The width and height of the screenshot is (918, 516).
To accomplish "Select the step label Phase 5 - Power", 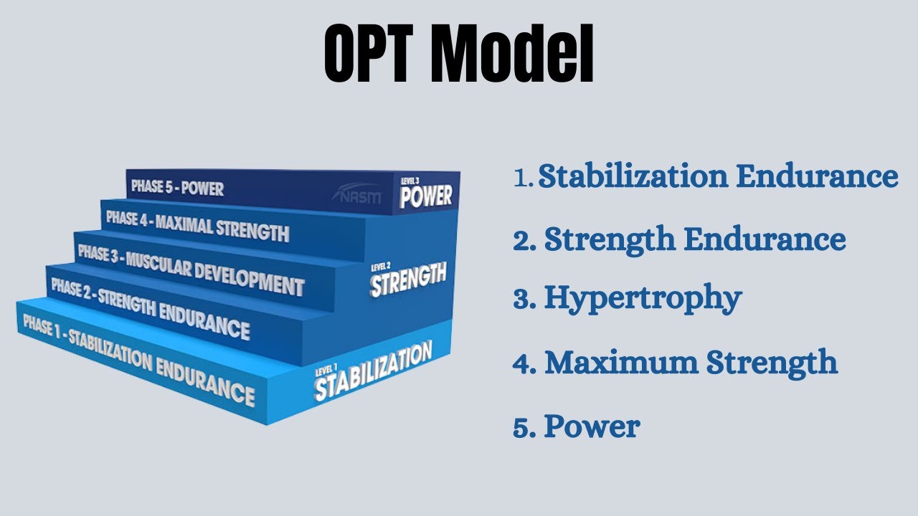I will (177, 188).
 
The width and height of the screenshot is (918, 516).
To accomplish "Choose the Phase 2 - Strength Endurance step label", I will (150, 309).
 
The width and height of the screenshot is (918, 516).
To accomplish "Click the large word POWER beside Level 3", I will (426, 196).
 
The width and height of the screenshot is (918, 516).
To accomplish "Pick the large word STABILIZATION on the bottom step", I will (373, 373).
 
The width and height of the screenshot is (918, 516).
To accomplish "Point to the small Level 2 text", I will (380, 268).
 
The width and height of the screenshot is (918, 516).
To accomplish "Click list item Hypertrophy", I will (643, 298).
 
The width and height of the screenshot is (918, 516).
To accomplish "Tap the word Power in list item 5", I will (592, 426).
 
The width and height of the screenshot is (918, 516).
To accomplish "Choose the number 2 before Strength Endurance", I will (522, 241).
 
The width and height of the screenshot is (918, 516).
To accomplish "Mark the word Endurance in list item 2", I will (765, 239).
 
